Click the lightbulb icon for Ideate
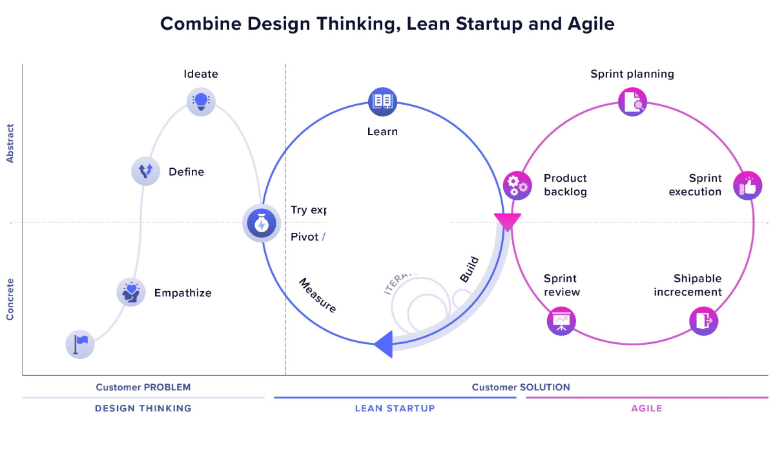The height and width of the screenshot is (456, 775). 201,102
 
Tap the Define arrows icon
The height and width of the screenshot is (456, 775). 145,171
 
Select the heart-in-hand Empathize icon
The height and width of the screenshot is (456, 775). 131,292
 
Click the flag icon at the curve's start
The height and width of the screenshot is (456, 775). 80,343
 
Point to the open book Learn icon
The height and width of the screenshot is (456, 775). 382,102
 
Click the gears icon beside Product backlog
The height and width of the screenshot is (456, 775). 517,185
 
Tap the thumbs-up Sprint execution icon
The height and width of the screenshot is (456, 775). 748,186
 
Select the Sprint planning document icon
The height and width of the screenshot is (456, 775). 632,102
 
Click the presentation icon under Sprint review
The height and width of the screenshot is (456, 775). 561,321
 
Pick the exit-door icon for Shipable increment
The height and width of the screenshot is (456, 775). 703,321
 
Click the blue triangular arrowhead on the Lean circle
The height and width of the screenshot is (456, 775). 384,343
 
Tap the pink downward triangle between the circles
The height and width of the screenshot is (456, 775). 508,222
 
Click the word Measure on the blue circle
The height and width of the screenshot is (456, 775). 317,296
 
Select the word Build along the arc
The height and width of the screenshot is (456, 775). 470,270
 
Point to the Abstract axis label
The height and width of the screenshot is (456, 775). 10,143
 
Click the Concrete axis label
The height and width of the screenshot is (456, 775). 10,299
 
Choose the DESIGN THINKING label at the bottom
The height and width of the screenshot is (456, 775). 143,408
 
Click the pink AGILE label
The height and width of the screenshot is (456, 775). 646,408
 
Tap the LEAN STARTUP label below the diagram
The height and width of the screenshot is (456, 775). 395,408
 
